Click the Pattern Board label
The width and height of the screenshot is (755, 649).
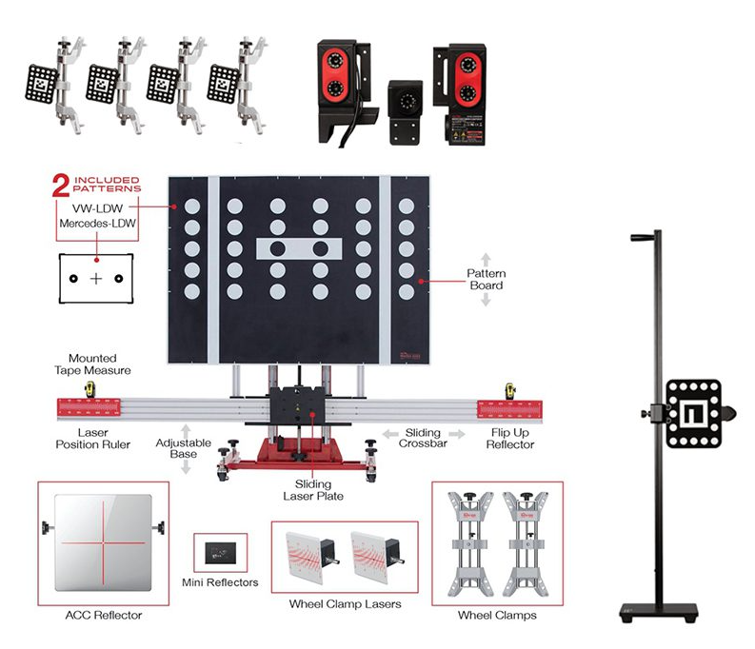click(486, 279)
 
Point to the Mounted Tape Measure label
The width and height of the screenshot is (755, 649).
click(92, 364)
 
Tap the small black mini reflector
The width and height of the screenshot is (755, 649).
click(220, 550)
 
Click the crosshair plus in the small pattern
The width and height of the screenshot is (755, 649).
click(96, 279)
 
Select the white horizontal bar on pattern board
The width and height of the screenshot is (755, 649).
click(297, 250)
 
